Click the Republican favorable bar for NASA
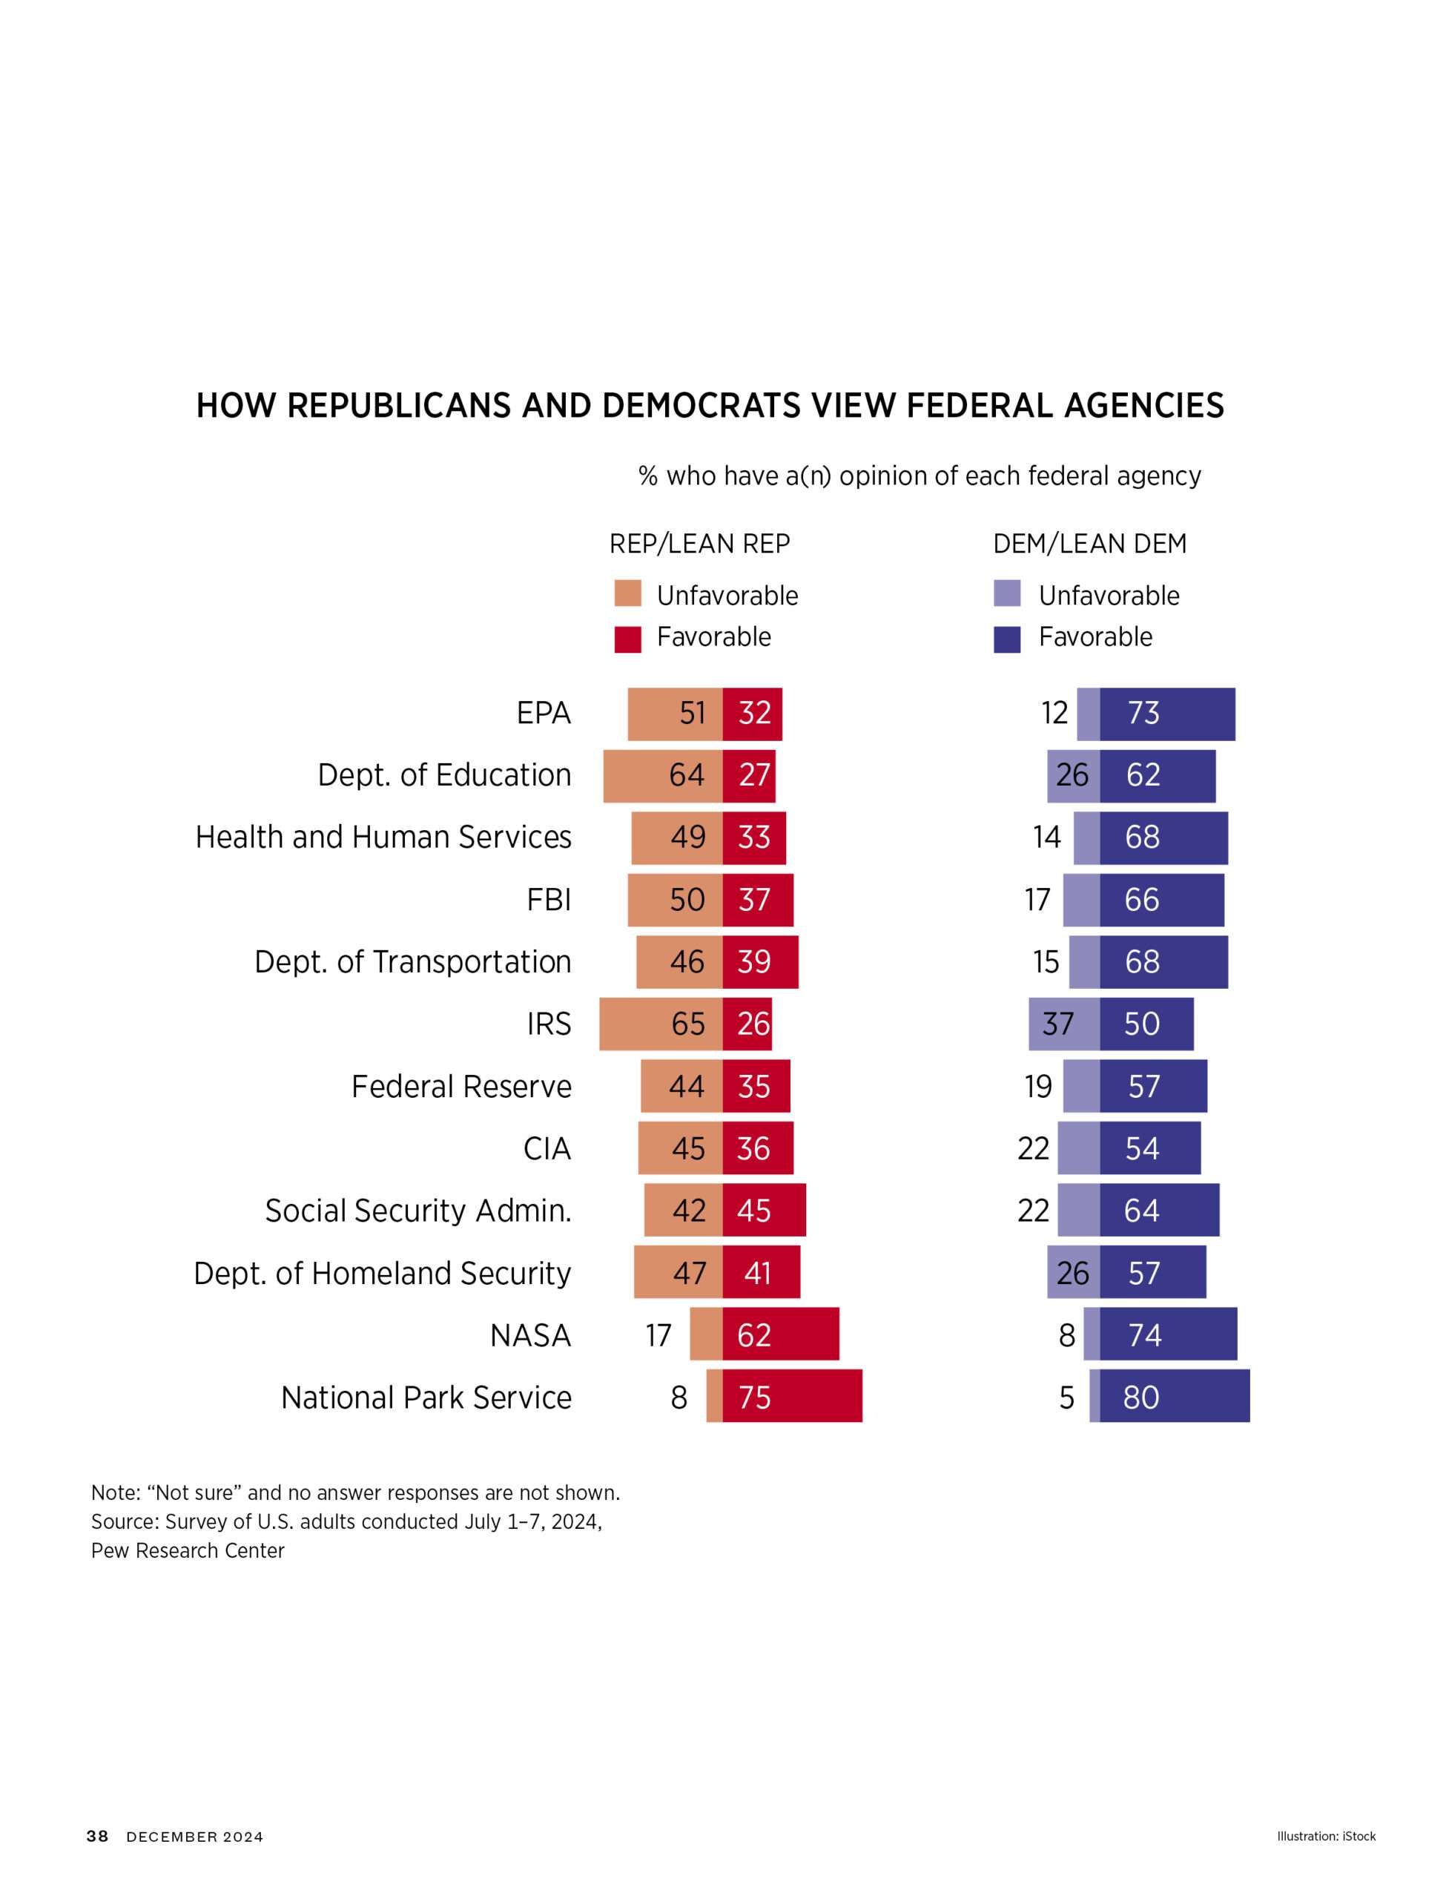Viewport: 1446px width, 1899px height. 780,1334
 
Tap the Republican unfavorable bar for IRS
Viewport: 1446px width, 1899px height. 660,1024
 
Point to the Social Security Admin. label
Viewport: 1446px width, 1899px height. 417,1211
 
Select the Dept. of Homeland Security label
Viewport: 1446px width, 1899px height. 382,1272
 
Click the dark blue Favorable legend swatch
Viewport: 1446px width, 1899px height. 1006,639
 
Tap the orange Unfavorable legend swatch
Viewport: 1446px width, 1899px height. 627,594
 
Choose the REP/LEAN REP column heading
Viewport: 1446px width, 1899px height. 699,544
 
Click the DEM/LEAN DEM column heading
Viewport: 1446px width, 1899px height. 1089,544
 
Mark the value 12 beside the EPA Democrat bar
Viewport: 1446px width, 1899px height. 1054,713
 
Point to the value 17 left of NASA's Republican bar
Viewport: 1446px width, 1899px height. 658,1335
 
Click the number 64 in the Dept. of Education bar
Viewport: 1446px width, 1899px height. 686,774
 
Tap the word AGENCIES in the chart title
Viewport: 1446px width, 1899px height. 1143,406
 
